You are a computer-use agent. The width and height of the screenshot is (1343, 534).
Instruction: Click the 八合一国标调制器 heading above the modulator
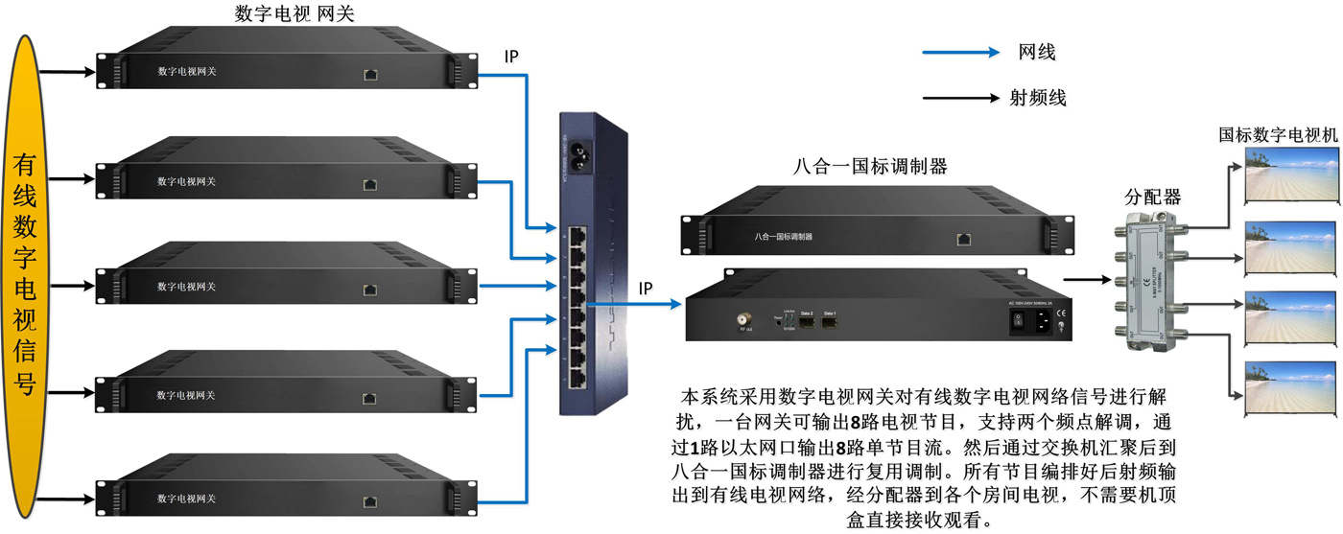[871, 167]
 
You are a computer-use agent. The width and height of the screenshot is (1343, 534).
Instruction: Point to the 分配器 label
[1152, 198]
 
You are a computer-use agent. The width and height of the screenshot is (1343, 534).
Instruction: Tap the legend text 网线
[1037, 53]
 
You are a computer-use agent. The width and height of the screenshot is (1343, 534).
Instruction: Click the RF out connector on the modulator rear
[743, 319]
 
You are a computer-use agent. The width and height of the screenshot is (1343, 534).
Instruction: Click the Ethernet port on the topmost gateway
[370, 74]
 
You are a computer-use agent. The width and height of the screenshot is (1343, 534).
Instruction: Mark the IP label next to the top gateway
[512, 57]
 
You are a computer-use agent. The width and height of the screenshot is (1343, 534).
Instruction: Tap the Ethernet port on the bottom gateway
[370, 500]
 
